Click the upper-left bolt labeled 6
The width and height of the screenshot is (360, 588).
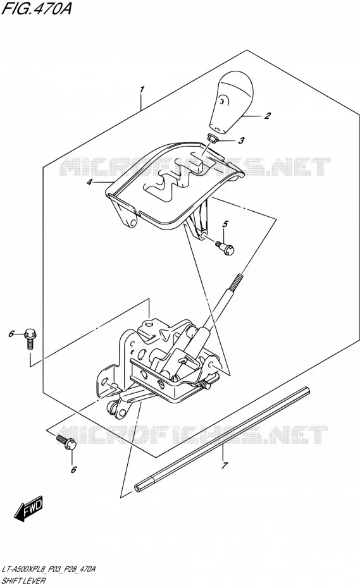30,339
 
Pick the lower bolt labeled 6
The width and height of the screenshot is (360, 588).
67,442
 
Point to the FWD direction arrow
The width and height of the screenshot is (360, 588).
29,508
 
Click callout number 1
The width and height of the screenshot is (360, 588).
142,90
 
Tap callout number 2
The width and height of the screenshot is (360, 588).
267,116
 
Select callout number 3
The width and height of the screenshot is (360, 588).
242,140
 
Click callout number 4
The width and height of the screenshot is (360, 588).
89,183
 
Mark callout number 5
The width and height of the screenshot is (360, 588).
225,224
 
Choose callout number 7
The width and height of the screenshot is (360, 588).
225,466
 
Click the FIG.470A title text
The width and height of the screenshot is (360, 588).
36,9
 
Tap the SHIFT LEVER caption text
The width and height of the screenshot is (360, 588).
23,581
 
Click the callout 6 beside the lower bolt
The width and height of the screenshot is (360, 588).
73,469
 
